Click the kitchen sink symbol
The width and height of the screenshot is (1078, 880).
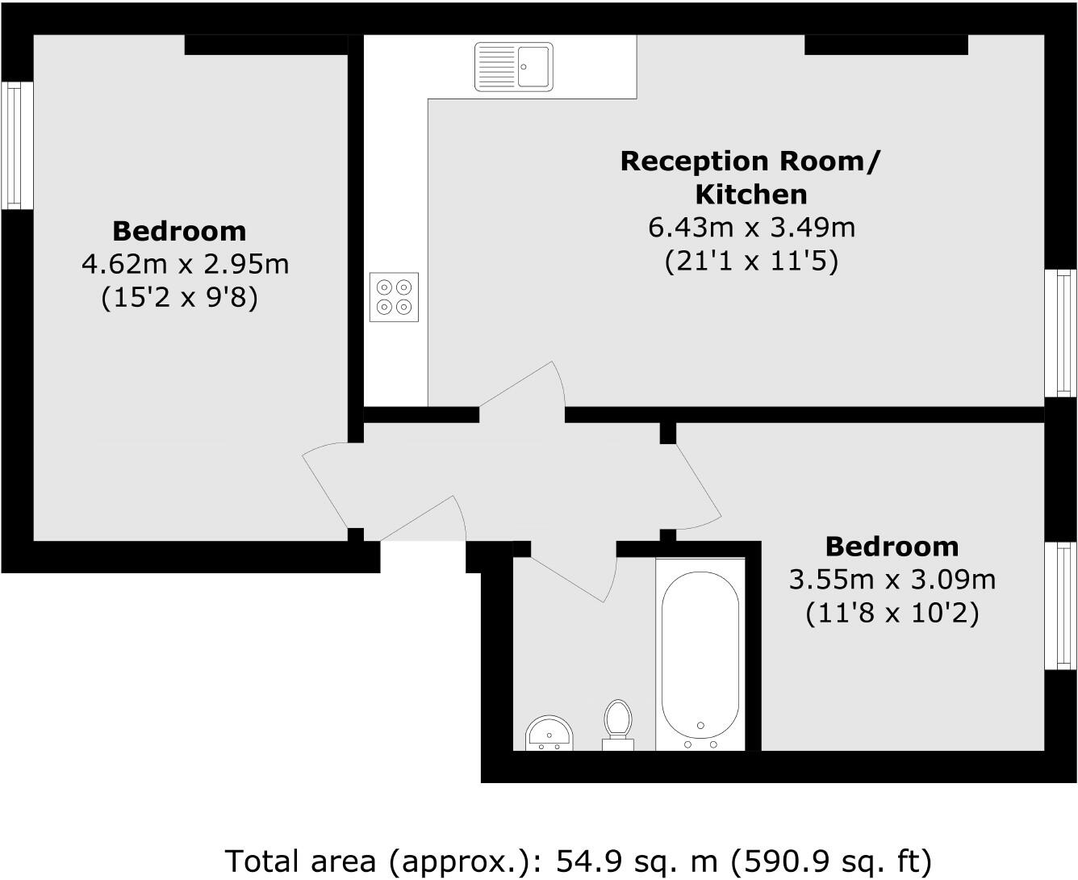pos(514,66)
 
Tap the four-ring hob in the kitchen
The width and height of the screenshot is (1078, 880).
pos(394,297)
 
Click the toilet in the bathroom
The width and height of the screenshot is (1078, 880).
pos(618,723)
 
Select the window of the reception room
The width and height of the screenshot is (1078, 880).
pos(1060,333)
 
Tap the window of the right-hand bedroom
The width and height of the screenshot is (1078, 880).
pos(1060,606)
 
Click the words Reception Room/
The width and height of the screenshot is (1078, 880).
pos(750,161)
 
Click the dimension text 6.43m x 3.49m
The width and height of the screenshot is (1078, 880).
pos(751,228)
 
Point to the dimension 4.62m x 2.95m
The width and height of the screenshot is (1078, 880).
pos(185,263)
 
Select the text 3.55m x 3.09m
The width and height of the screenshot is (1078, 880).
pos(892,579)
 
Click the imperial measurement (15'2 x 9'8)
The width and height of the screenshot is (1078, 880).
pos(179,298)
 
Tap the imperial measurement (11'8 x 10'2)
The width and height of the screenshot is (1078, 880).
pos(892,614)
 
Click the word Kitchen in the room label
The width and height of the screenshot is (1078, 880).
pos(750,195)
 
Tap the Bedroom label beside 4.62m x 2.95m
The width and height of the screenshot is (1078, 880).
pos(179,231)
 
